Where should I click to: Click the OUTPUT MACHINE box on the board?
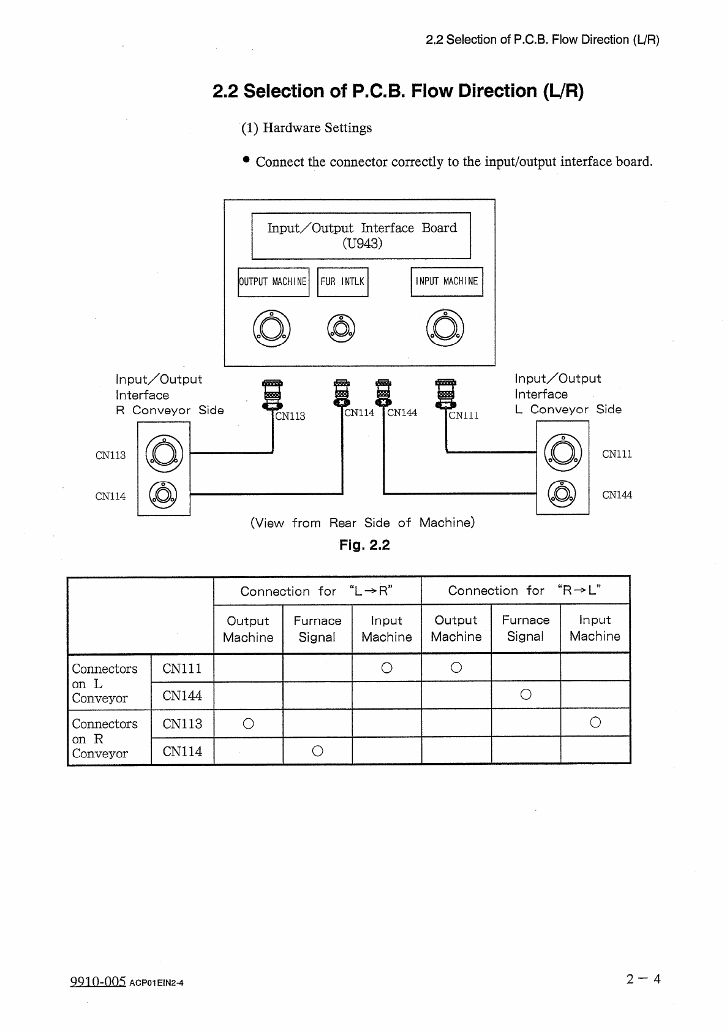click(x=273, y=282)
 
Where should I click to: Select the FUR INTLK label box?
click(x=342, y=282)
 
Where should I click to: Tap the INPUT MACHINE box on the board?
click(x=446, y=282)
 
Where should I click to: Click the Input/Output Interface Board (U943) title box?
click(x=361, y=235)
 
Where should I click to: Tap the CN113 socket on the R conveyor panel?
click(x=164, y=453)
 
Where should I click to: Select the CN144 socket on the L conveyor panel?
click(x=562, y=494)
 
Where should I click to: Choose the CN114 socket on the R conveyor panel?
click(x=164, y=495)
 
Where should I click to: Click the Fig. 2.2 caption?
click(x=364, y=545)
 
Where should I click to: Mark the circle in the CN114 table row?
click(x=317, y=751)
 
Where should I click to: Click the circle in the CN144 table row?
click(x=525, y=695)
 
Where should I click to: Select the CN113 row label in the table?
click(x=182, y=724)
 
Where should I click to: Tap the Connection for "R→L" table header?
click(x=525, y=590)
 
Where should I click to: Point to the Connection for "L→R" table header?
click(x=317, y=591)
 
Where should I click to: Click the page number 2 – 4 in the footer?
click(x=643, y=979)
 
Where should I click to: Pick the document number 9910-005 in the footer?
click(x=98, y=982)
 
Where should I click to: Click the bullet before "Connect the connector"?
click(x=246, y=160)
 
